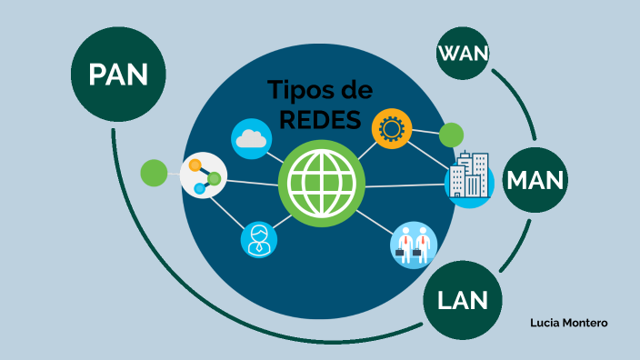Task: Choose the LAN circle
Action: click(x=463, y=298)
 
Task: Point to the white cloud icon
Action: click(x=252, y=139)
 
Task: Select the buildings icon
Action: click(x=469, y=177)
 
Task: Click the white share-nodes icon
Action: click(x=203, y=176)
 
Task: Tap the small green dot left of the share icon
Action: click(x=155, y=172)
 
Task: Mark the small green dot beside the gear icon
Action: click(x=451, y=135)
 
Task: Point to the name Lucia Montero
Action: click(x=568, y=323)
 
